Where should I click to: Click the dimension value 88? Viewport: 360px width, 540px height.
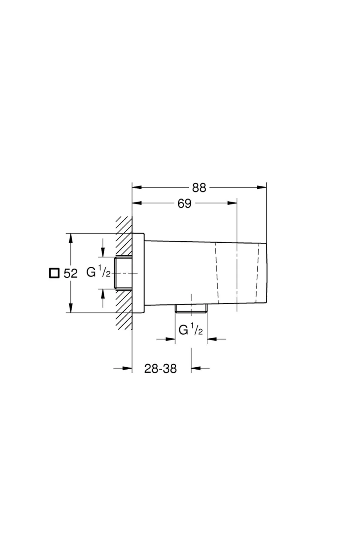coord(199,187)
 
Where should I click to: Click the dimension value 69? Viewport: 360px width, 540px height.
coord(184,203)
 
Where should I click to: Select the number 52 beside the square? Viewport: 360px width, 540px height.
coord(70,274)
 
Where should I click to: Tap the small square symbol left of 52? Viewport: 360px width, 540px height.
coord(54,273)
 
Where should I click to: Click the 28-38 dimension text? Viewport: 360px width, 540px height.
coord(160,368)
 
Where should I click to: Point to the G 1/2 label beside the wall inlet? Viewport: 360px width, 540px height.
coord(98,273)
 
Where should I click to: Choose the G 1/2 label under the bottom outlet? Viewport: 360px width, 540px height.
coord(190,330)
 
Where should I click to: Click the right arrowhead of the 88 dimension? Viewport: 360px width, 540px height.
coord(262,187)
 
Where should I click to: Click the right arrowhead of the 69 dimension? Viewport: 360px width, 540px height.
coord(232,203)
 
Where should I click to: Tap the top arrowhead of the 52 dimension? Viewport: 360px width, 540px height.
coord(71,238)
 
